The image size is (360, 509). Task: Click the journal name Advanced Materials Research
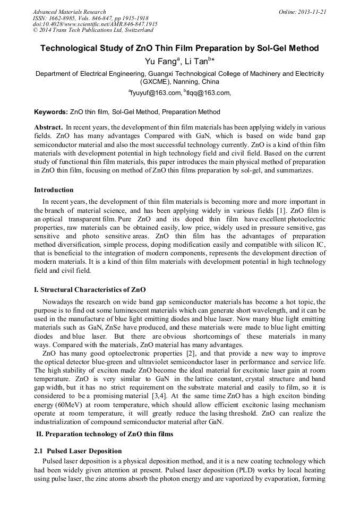click(x=69, y=12)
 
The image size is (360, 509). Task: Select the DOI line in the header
click(x=95, y=24)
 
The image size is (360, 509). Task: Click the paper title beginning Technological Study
click(x=179, y=48)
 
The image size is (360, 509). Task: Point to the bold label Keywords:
click(x=51, y=113)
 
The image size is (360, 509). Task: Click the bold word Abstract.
click(x=48, y=128)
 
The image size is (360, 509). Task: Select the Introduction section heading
click(x=54, y=190)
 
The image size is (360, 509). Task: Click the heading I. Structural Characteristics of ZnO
click(x=90, y=290)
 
